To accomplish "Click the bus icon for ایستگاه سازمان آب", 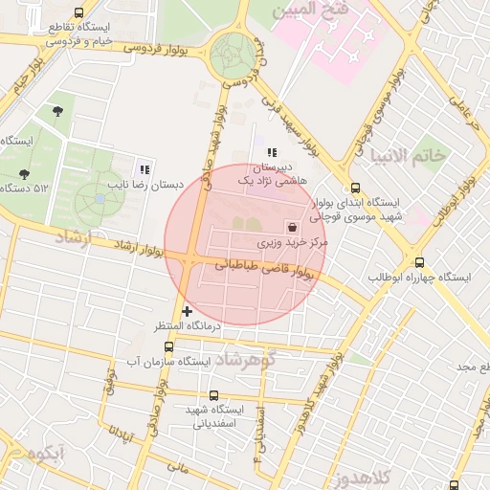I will [x=168, y=346].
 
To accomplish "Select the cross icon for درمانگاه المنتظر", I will [x=187, y=311].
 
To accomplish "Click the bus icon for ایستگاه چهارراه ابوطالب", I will [x=419, y=262].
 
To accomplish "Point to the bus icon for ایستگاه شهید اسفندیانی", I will [x=212, y=394].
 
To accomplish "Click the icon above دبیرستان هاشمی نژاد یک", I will [x=272, y=151].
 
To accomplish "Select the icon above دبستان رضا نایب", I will [x=145, y=168].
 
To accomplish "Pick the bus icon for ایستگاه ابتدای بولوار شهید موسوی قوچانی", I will [x=356, y=189].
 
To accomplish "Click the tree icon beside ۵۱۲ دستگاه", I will [x=24, y=174].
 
